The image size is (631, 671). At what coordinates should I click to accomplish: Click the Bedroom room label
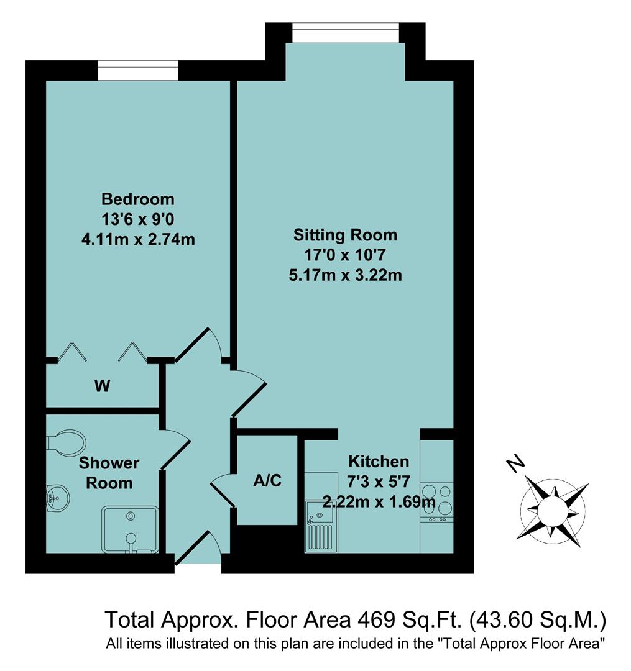pyautogui.click(x=138, y=199)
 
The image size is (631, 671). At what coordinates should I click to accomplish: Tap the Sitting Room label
pyautogui.click(x=345, y=235)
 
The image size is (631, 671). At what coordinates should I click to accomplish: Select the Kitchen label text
pyautogui.click(x=379, y=462)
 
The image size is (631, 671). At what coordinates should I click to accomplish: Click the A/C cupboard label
pyautogui.click(x=267, y=480)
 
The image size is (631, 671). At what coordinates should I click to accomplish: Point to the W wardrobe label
pyautogui.click(x=103, y=386)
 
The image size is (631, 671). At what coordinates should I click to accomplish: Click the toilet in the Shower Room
pyautogui.click(x=66, y=443)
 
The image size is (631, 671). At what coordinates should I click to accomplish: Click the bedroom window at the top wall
pyautogui.click(x=138, y=70)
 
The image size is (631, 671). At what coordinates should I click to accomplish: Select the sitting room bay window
pyautogui.click(x=346, y=33)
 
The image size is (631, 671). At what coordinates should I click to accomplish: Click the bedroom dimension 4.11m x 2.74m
pyautogui.click(x=138, y=239)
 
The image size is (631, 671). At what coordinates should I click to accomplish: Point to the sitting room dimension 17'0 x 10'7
pyautogui.click(x=345, y=255)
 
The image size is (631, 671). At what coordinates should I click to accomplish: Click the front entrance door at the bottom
pyautogui.click(x=198, y=550)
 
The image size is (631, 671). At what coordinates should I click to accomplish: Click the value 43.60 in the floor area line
pyautogui.click(x=505, y=619)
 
